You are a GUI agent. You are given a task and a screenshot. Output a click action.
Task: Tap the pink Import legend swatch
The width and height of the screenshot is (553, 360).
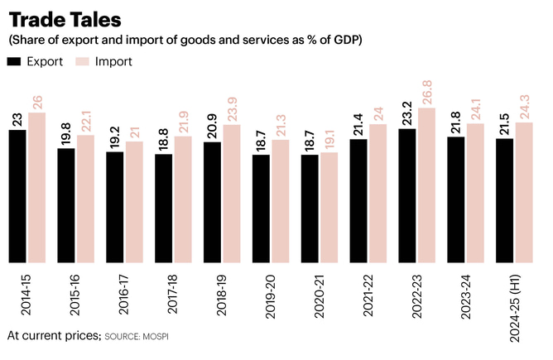tap(83, 61)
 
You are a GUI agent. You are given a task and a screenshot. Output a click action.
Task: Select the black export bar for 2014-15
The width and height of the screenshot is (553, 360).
tap(17, 196)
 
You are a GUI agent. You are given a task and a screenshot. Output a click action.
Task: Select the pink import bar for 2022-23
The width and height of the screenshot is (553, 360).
tap(426, 185)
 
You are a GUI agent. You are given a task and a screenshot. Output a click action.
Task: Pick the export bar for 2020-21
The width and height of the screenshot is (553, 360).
tap(310, 209)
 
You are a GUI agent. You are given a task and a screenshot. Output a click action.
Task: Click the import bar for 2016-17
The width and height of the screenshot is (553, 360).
tap(134, 202)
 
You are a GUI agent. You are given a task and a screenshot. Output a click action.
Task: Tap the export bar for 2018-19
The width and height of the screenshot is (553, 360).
tap(212, 202)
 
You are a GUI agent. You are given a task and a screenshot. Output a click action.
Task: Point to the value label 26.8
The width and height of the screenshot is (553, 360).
tap(426, 93)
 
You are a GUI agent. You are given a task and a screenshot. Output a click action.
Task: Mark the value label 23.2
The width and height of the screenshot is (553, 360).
tap(406, 113)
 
